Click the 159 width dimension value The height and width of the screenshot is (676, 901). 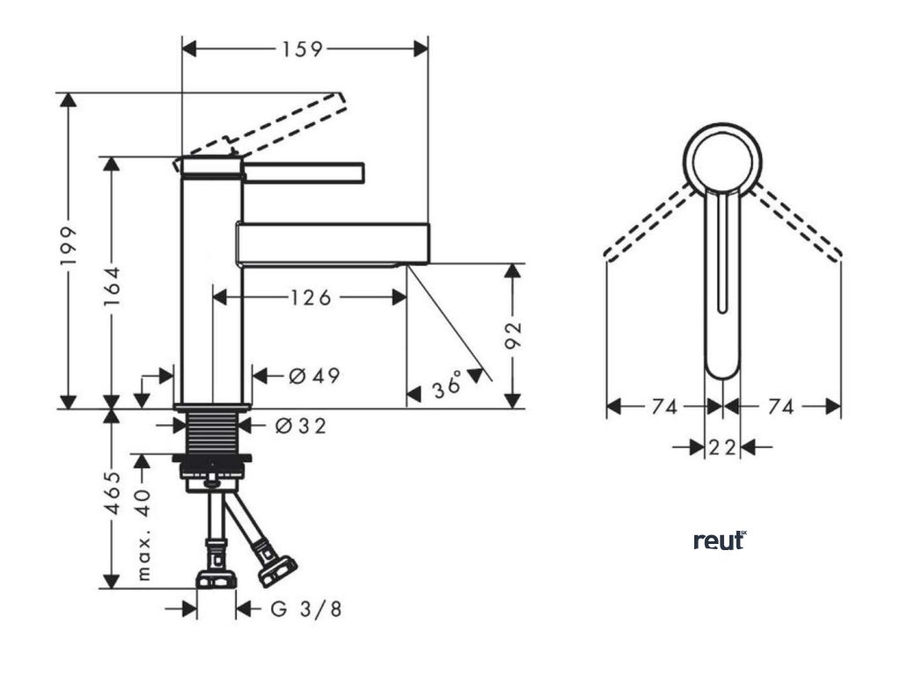303,48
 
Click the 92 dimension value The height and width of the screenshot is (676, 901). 513,335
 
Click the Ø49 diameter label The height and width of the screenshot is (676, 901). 314,377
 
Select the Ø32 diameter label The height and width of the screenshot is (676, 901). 300,427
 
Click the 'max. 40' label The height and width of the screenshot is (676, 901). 145,533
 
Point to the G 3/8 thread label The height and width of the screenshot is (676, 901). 305,609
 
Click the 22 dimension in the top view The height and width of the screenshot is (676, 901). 722,447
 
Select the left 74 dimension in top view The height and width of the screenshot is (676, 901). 664,407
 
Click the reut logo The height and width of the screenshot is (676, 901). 720,540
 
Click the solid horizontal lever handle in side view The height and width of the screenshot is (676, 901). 304,173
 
